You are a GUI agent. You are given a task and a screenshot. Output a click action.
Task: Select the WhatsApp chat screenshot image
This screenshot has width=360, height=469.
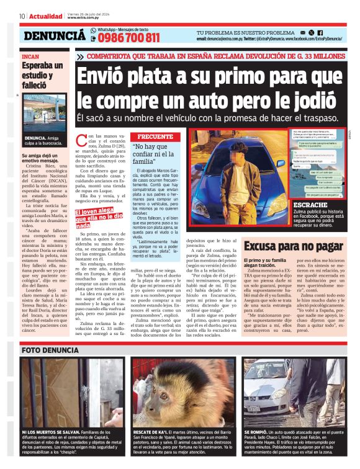point(316,163)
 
